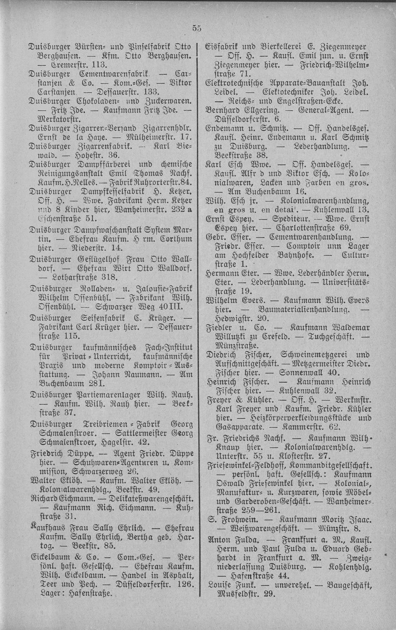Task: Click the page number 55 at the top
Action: pyautogui.click(x=196, y=28)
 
